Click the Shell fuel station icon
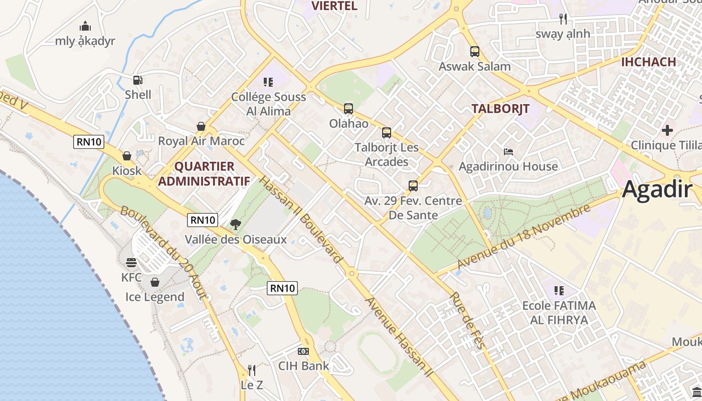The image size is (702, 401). pyautogui.click(x=137, y=80)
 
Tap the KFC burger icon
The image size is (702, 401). pyautogui.click(x=131, y=263)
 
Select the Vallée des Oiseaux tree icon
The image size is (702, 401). pyautogui.click(x=235, y=224)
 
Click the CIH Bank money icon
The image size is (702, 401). pyautogui.click(x=303, y=351)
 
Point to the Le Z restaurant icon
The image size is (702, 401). pyautogui.click(x=252, y=370)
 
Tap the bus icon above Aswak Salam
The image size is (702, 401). pyautogui.click(x=474, y=52)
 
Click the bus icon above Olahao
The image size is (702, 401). pyautogui.click(x=348, y=109)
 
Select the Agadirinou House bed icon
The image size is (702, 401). pyautogui.click(x=508, y=151)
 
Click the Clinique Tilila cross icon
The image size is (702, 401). pyautogui.click(x=667, y=130)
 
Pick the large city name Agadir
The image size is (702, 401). pyautogui.click(x=657, y=190)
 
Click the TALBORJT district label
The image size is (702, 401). pyautogui.click(x=500, y=109)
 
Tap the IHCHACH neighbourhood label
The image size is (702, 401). pyautogui.click(x=648, y=62)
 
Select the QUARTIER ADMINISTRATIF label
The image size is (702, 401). pyautogui.click(x=204, y=173)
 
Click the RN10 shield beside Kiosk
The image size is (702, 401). pyautogui.click(x=89, y=142)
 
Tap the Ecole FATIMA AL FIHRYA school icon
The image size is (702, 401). pyautogui.click(x=559, y=291)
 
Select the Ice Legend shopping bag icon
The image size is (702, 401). pyautogui.click(x=154, y=282)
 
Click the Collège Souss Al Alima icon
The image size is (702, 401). pyautogui.click(x=268, y=82)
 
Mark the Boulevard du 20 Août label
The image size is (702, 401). pyautogui.click(x=163, y=253)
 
